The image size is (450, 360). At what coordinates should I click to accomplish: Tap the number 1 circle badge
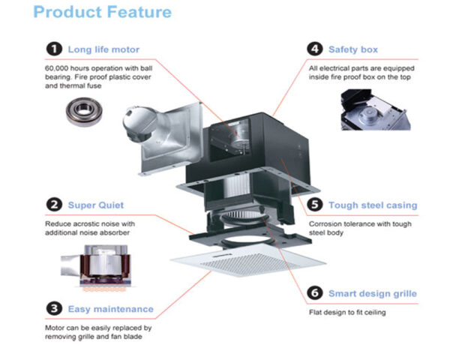52,49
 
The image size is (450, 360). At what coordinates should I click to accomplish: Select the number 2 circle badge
52,204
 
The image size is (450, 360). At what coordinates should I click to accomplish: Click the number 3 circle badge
52,308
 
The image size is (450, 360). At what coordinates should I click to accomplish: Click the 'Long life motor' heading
103,49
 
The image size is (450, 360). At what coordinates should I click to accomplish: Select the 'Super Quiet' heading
96,204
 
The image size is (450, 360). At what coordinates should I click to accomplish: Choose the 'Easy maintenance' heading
110,308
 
